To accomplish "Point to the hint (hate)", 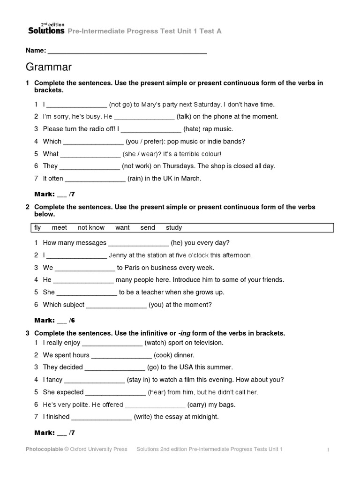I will pos(193,129).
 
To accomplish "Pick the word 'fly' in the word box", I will pos(38,228).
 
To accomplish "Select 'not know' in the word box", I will pos(91,228).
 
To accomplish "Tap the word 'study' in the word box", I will pos(173,228).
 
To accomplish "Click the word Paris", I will pos(134,268).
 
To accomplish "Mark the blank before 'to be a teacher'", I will pos(87,292).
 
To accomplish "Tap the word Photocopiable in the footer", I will pos(44,449).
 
